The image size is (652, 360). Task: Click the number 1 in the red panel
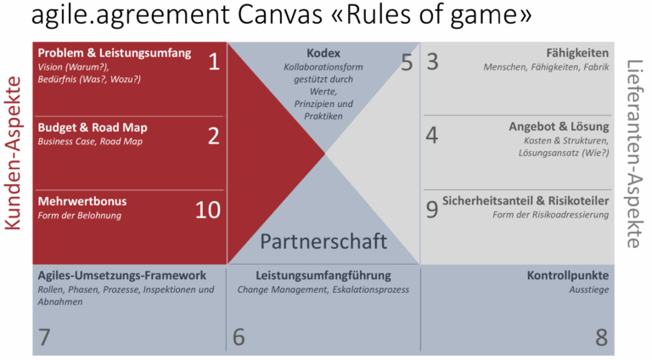(x=214, y=62)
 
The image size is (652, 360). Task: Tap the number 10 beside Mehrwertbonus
(x=207, y=210)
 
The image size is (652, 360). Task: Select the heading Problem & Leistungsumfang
(x=115, y=53)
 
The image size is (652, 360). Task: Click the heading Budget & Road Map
(x=93, y=127)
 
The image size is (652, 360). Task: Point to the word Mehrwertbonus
(x=82, y=201)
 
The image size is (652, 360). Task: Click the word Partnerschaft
(x=323, y=241)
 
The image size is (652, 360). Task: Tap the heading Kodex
(x=323, y=53)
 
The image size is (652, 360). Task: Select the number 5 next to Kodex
(x=407, y=63)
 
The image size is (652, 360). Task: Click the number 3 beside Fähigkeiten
(x=432, y=62)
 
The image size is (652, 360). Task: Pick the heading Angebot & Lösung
(x=559, y=127)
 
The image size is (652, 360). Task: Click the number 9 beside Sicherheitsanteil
(x=432, y=210)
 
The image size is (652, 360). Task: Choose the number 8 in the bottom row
(x=601, y=337)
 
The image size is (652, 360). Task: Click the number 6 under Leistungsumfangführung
(x=239, y=337)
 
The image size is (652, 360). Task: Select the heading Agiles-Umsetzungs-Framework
(x=122, y=275)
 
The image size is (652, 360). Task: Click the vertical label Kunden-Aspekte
(x=13, y=154)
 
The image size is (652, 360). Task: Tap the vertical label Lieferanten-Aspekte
(x=636, y=154)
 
